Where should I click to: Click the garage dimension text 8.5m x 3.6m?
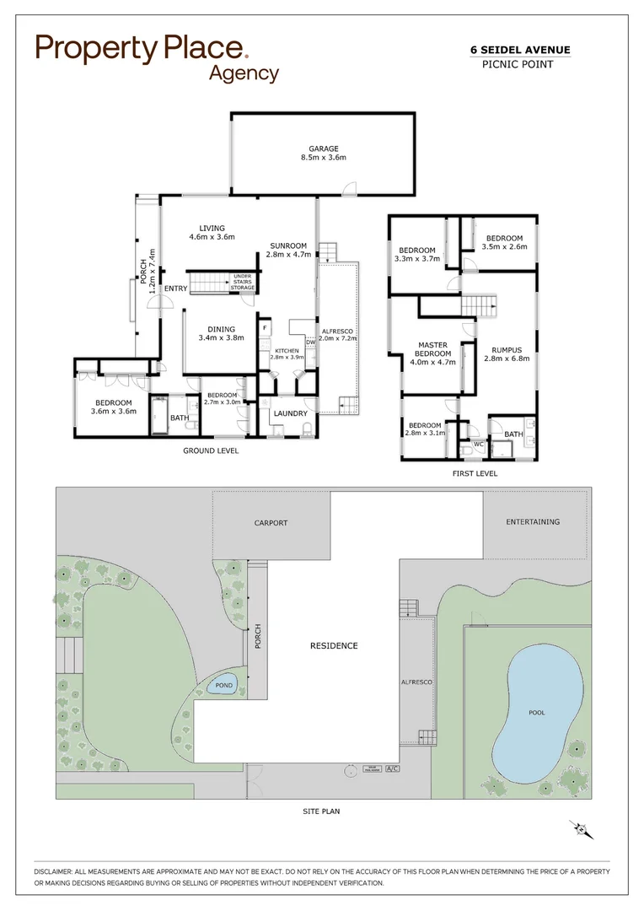coord(324,157)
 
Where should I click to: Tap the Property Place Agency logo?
coord(157,57)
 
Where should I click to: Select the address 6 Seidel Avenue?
coord(519,51)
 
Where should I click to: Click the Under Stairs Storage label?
coord(243,283)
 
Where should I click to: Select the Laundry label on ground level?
coord(289,413)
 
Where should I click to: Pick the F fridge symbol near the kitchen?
coord(265,326)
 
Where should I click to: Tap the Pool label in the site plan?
coord(537,713)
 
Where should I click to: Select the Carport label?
coord(271,523)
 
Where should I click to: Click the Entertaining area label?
coord(533,522)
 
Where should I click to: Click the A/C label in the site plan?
coord(391,769)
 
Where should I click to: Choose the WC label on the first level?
coord(478,443)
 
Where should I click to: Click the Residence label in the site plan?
coord(333,646)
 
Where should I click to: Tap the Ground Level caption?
coord(211,451)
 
